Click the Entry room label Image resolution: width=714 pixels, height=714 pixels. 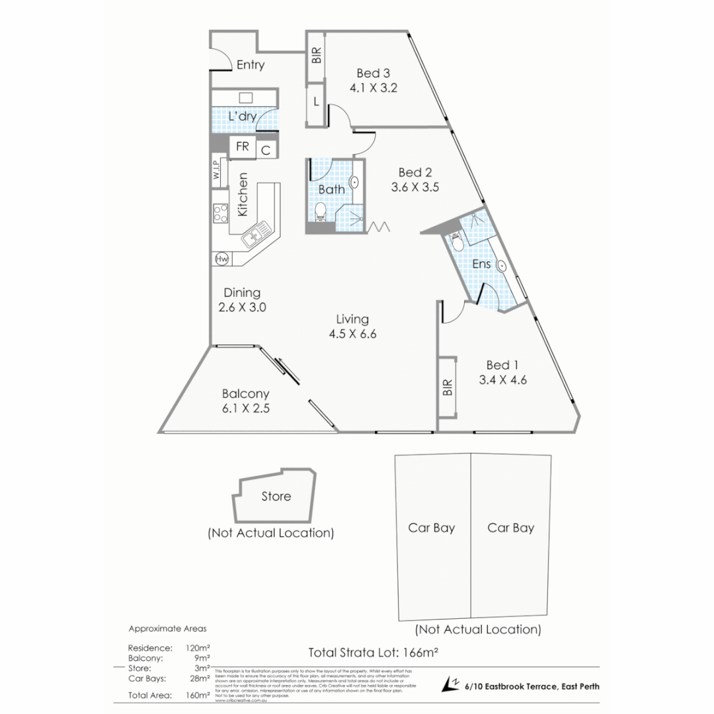[250, 65]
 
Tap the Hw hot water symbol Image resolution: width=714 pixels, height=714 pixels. [221, 259]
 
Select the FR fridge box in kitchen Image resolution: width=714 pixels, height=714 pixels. [243, 147]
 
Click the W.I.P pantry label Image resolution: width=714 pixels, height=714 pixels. [217, 171]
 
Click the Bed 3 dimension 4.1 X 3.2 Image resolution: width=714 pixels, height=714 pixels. [373, 87]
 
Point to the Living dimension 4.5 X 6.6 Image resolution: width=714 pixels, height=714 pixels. [352, 334]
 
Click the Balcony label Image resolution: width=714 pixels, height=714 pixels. [245, 394]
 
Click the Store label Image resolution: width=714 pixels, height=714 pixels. [276, 496]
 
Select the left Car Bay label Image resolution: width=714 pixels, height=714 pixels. [431, 528]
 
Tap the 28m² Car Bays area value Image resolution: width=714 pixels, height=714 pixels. [200, 678]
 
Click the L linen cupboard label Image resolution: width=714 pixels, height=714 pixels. [316, 102]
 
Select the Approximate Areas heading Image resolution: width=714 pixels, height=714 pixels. [167, 628]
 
